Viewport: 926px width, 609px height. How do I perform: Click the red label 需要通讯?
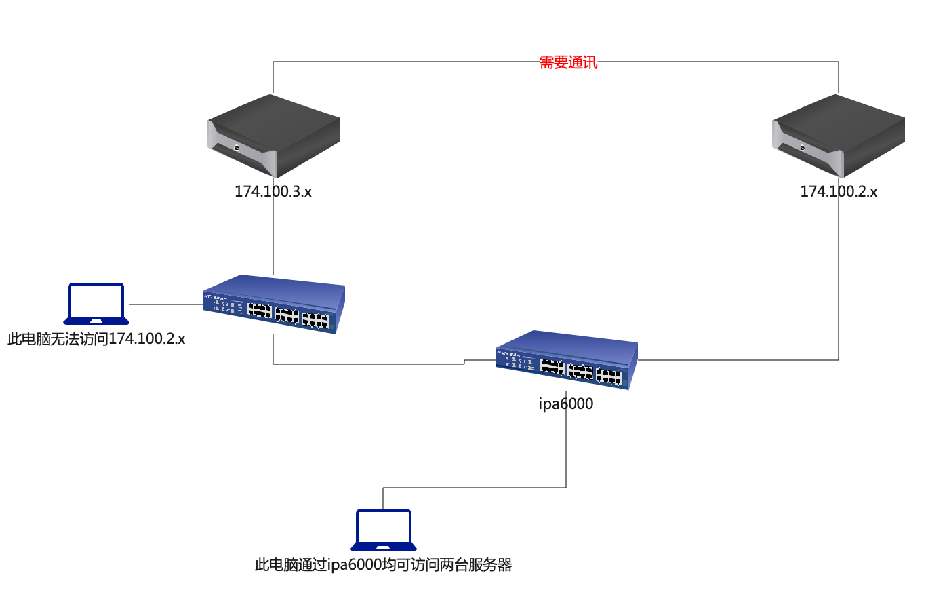click(x=568, y=62)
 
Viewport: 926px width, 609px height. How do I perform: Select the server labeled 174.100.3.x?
click(x=273, y=136)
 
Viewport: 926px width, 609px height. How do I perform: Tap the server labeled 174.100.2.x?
click(x=839, y=136)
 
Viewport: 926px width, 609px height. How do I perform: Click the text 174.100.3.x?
click(x=273, y=192)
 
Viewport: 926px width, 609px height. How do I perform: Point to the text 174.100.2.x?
click(x=839, y=192)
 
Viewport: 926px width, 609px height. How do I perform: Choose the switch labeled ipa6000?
click(x=566, y=359)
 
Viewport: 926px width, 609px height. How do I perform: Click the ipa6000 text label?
click(x=566, y=404)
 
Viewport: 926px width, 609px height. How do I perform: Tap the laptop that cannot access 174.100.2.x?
click(x=96, y=304)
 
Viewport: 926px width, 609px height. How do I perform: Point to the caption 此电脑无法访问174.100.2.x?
click(x=96, y=339)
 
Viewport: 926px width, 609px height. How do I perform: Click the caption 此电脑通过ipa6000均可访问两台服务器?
click(x=384, y=565)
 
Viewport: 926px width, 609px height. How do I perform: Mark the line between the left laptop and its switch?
click(x=166, y=304)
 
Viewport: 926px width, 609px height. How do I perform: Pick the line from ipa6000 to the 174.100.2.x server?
click(x=839, y=285)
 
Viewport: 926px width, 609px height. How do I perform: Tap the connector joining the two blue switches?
click(x=366, y=364)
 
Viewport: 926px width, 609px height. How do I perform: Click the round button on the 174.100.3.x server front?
click(x=237, y=148)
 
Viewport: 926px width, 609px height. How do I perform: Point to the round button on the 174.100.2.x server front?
click(x=803, y=148)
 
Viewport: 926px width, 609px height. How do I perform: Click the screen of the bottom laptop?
click(x=384, y=526)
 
